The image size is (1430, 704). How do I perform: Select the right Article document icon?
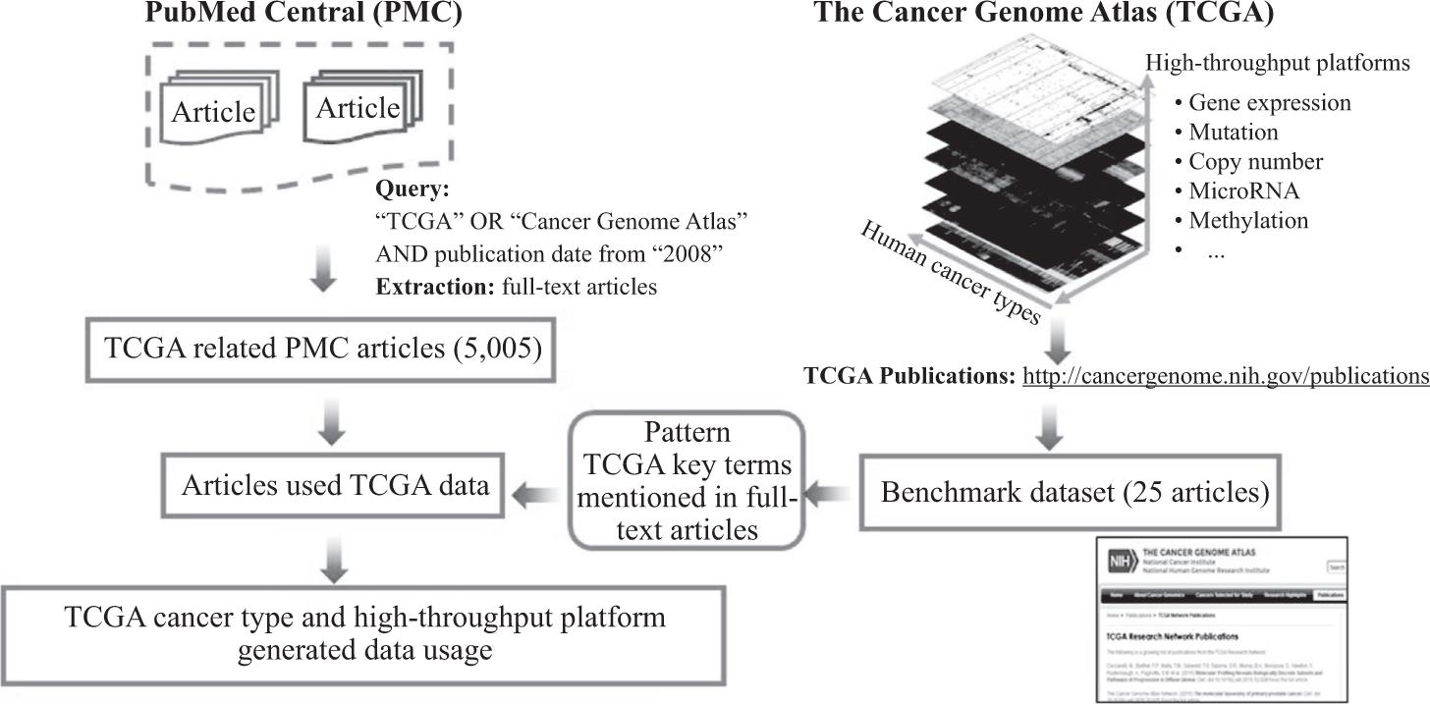[358, 107]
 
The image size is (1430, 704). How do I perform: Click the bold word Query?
[412, 190]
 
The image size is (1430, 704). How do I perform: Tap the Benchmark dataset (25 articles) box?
[1073, 492]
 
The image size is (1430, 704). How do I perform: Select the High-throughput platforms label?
[1277, 63]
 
